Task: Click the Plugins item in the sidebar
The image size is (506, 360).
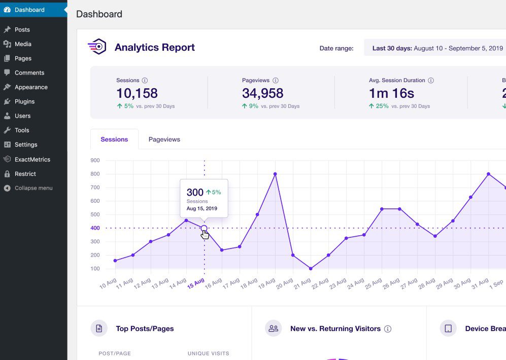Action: coord(24,101)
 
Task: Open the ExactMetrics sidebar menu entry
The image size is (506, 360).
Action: coord(32,159)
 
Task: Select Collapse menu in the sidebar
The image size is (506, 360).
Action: coord(33,188)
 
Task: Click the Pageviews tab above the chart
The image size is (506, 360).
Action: coord(164,139)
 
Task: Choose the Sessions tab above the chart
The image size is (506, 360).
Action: coord(114,139)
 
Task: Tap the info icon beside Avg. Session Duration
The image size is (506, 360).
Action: coord(431,81)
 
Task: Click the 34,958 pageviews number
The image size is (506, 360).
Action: coord(262,93)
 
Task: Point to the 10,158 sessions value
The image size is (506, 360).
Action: coord(137,93)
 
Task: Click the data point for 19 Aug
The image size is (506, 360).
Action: coord(275,174)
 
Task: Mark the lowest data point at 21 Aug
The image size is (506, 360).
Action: coord(311,269)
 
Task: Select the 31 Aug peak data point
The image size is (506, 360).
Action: coord(488,174)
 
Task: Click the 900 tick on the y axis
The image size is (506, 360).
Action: coord(94,160)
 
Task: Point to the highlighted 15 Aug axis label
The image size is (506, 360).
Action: coord(196,283)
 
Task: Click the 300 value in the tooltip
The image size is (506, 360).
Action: coord(195,192)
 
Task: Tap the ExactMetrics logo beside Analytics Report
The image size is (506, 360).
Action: coord(97,47)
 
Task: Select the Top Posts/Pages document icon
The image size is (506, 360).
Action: coord(99,329)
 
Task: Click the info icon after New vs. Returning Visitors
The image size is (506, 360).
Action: coord(388,329)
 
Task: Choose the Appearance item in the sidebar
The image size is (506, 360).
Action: coord(31,87)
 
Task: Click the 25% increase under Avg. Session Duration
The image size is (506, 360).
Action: coord(382,106)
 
